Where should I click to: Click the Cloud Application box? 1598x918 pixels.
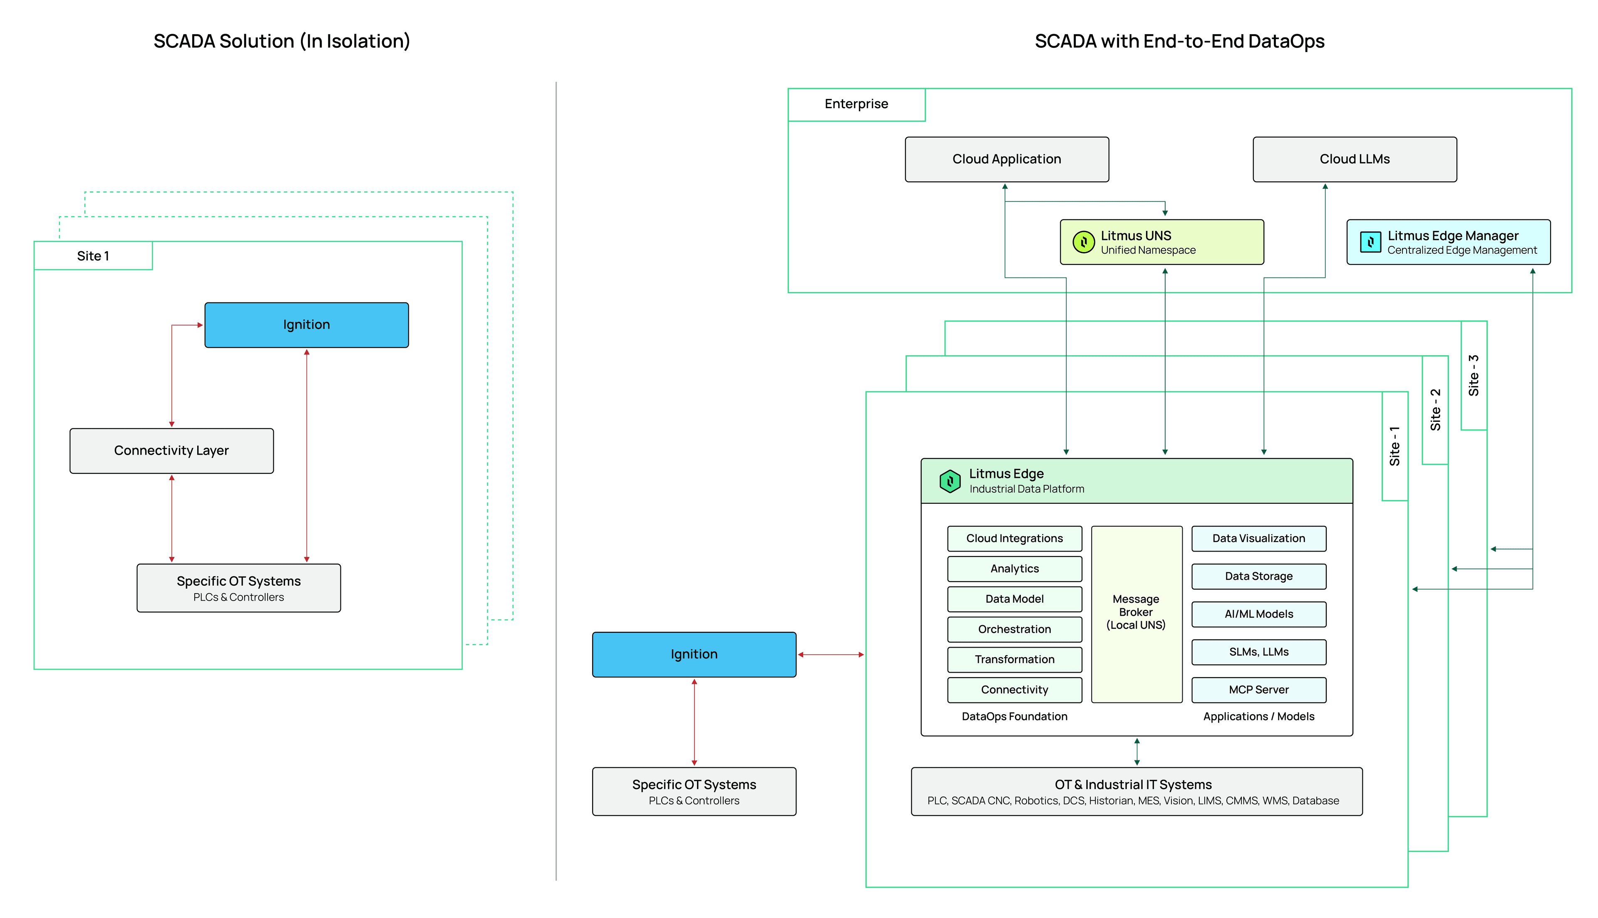coord(1007,159)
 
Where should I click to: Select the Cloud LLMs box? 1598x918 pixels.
coord(1354,159)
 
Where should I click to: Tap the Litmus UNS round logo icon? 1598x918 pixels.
coord(1083,242)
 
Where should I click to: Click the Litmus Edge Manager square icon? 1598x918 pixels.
coord(1370,242)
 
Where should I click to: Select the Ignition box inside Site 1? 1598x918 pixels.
coord(306,325)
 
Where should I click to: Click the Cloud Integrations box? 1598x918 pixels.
coord(1014,538)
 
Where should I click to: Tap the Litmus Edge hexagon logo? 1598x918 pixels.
coord(950,481)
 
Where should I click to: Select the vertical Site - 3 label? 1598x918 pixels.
coord(1473,376)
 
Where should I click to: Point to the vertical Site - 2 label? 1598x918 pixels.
coord(1435,410)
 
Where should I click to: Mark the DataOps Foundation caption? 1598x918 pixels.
coord(1014,717)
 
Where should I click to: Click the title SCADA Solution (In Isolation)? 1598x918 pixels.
coord(282,42)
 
